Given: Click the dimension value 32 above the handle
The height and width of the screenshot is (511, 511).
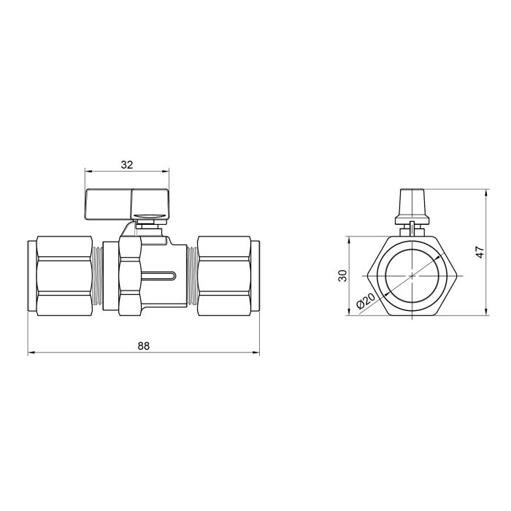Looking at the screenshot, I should (126, 165).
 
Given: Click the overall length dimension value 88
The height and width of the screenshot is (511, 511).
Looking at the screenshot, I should (143, 346).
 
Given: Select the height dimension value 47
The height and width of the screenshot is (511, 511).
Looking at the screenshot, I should (480, 252).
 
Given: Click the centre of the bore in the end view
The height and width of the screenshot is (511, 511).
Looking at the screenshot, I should (412, 275).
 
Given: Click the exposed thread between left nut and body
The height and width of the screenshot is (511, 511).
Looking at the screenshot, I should (96, 275).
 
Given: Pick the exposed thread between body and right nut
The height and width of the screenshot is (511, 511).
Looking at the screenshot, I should (192, 275).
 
